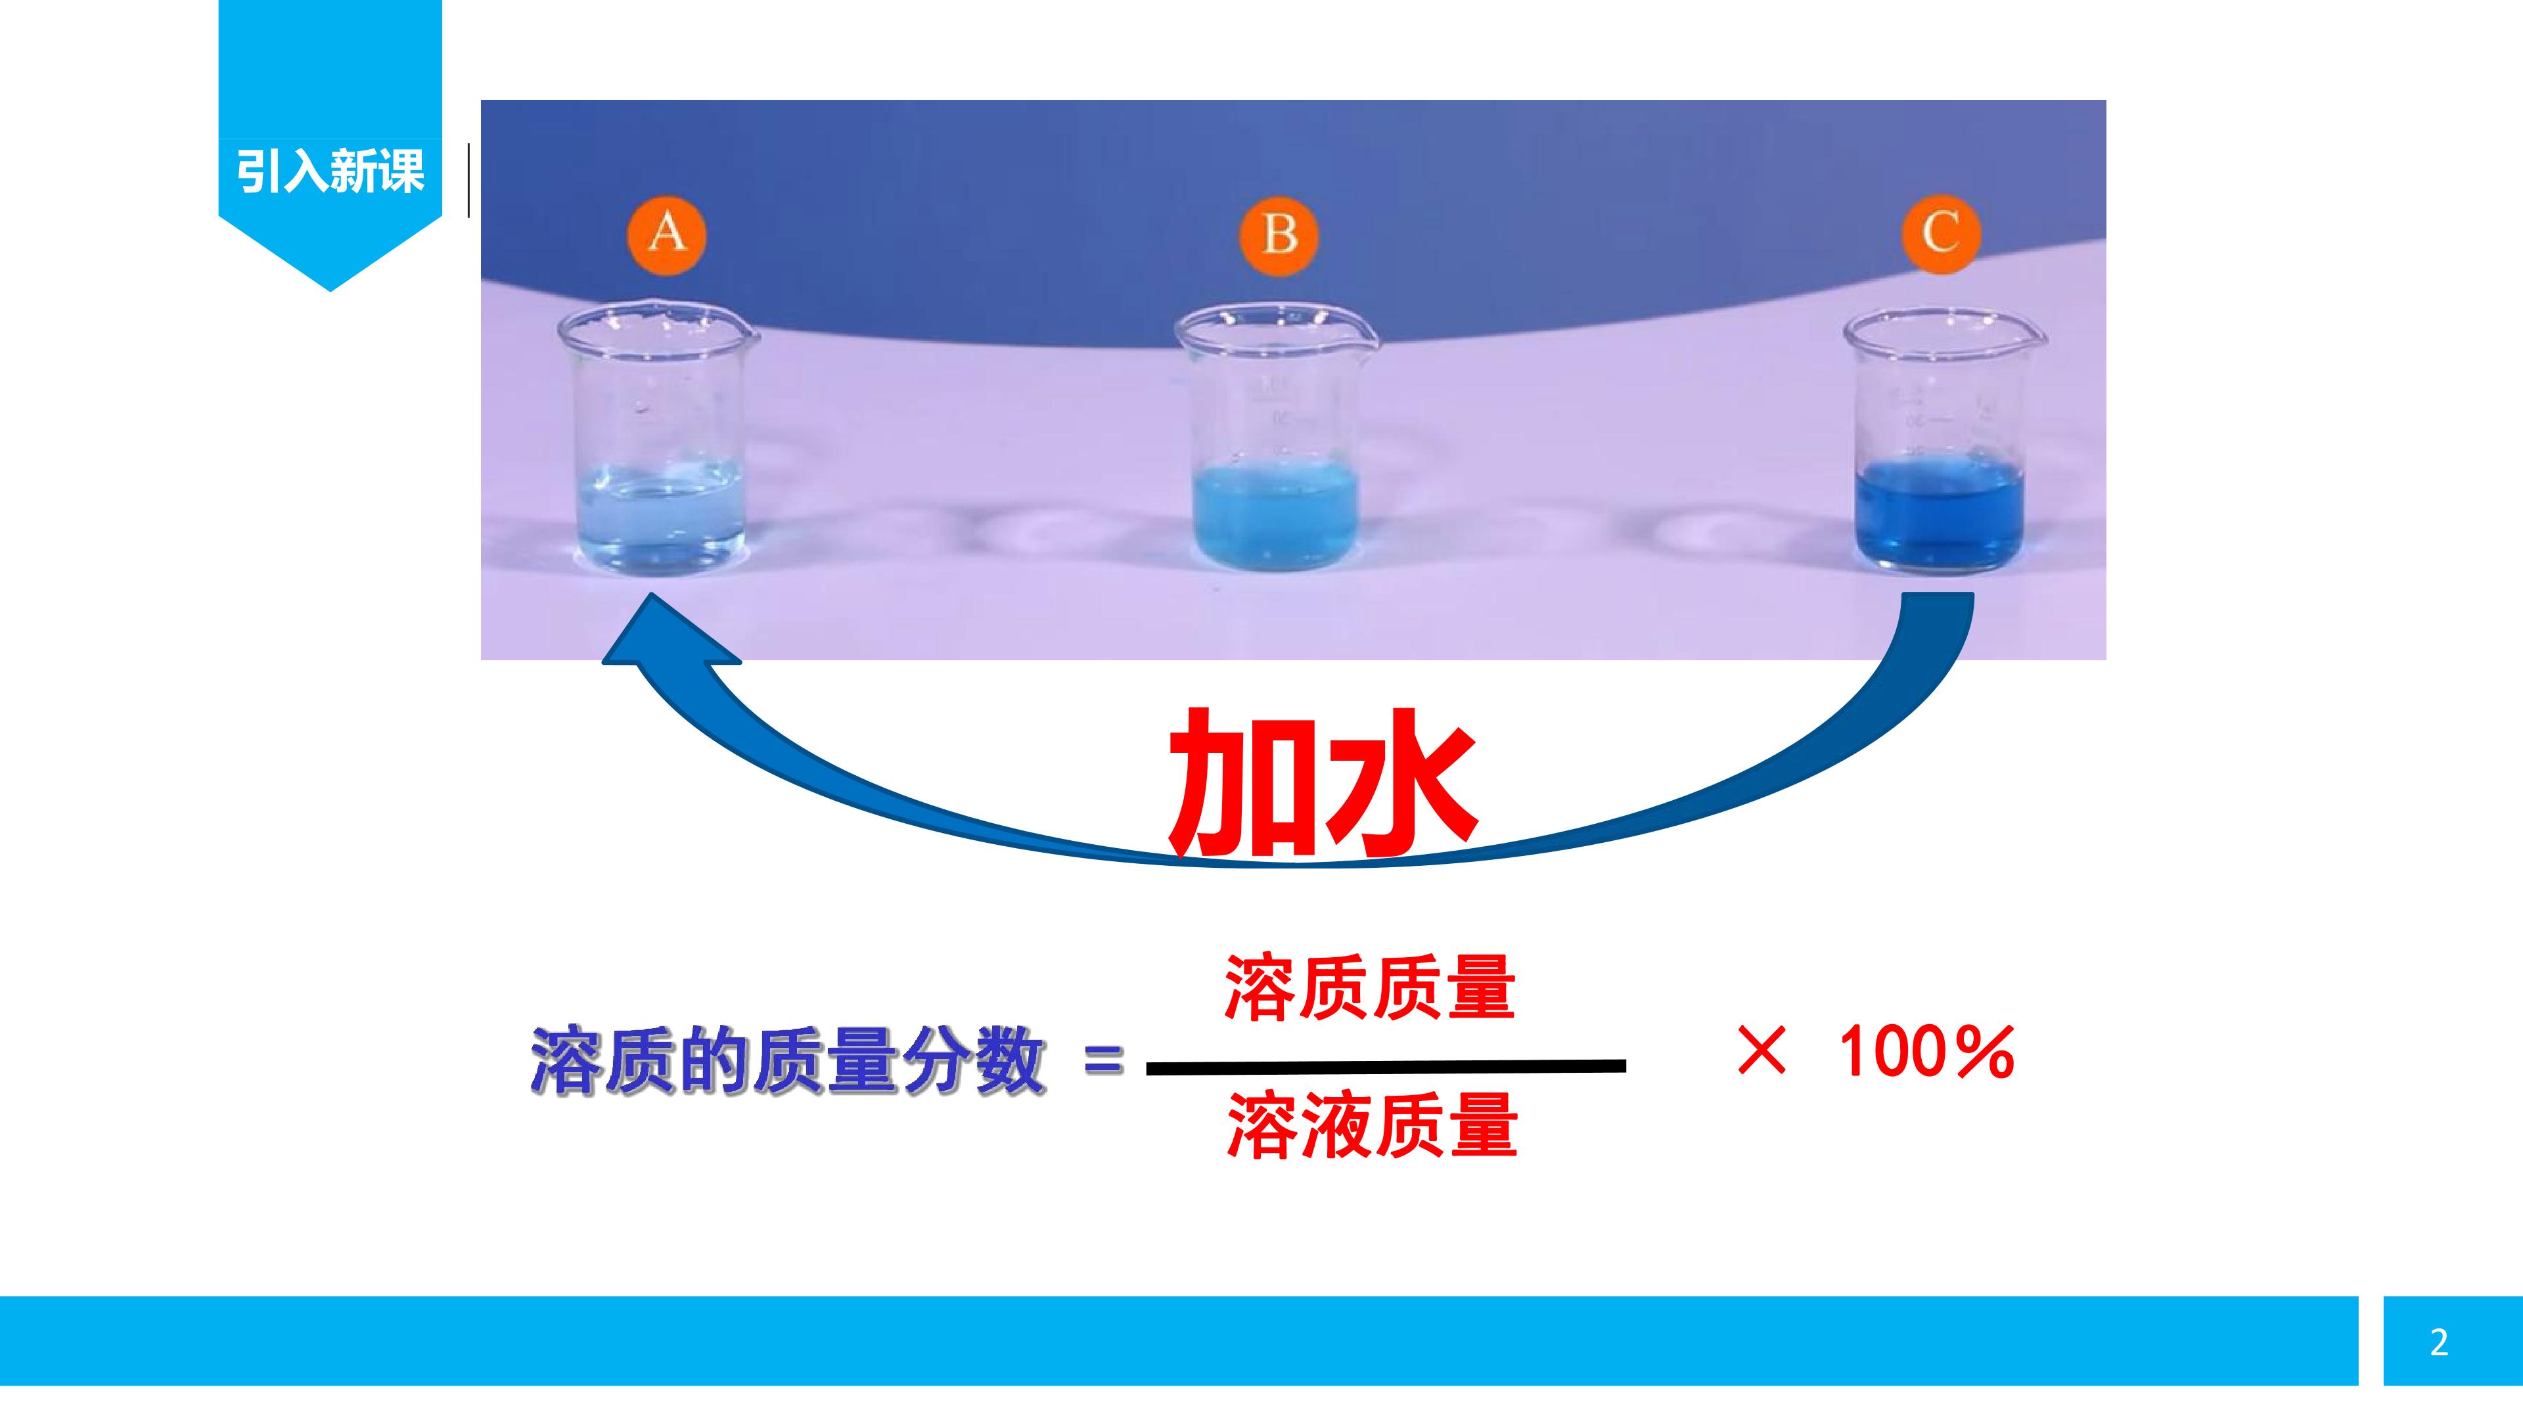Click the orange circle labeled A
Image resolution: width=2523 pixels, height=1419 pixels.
click(667, 233)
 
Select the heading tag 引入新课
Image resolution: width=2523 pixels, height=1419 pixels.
click(330, 171)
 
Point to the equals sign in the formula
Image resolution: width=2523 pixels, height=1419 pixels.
click(1104, 1060)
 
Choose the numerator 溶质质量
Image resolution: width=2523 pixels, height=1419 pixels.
click(1370, 988)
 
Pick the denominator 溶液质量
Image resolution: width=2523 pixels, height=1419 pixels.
click(1372, 1126)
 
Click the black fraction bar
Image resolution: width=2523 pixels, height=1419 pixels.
click(1386, 1066)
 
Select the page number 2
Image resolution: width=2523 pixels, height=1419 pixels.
click(2439, 1341)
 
